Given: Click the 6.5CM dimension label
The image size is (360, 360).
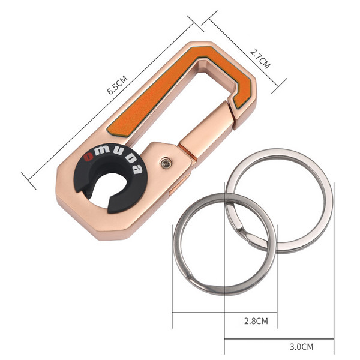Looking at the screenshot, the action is [118, 85].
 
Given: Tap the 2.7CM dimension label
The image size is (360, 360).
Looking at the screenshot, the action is [260, 59].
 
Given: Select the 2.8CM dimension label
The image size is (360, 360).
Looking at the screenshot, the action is [256, 321].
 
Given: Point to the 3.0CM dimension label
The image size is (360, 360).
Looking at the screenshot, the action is [301, 346].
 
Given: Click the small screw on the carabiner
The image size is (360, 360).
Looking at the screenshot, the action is [166, 163].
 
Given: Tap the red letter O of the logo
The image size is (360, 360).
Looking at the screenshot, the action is [88, 157].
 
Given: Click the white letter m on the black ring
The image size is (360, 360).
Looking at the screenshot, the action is [102, 150].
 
